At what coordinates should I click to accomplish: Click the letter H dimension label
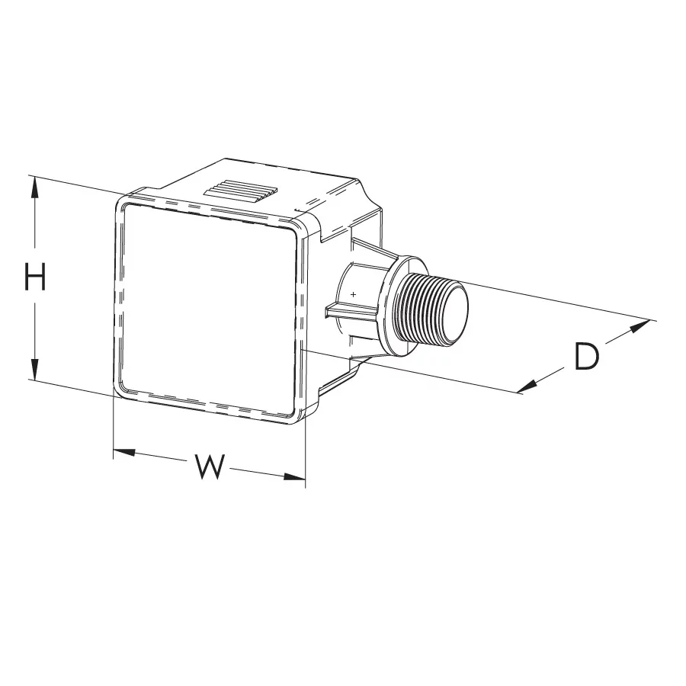[x=35, y=277]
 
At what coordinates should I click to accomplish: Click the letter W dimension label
[x=210, y=466]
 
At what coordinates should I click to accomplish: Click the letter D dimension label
[x=586, y=356]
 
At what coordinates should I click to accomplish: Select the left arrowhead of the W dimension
[x=124, y=452]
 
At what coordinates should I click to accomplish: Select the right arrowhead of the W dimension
[x=294, y=477]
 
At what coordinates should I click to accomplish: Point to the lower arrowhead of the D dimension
[x=527, y=386]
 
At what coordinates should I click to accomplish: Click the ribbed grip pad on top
[x=242, y=191]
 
